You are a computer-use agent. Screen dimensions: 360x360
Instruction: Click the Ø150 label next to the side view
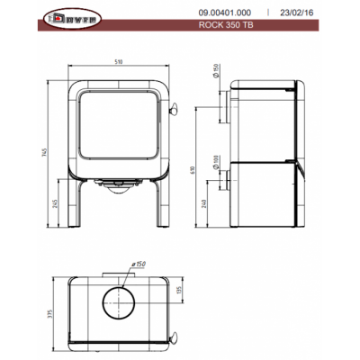217,99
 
